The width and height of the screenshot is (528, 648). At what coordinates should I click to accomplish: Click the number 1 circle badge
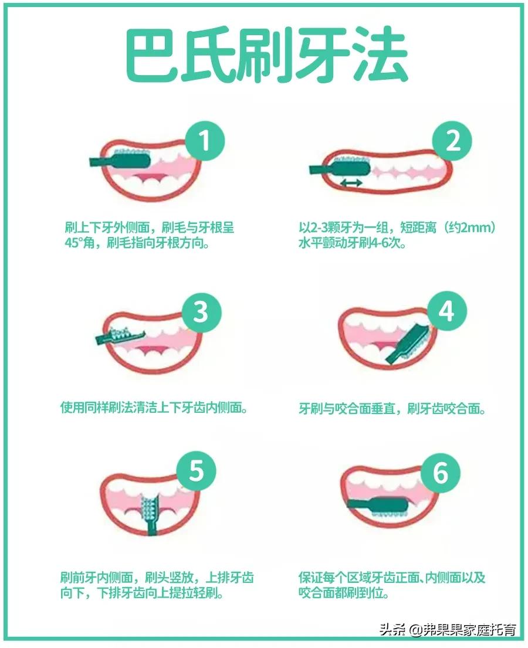(205, 141)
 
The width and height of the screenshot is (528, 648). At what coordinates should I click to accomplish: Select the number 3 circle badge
(201, 312)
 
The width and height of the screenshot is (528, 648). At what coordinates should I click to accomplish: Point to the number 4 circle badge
(447, 311)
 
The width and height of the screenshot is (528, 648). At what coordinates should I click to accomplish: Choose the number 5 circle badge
(196, 471)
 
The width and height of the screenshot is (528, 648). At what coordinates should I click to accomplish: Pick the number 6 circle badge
(441, 473)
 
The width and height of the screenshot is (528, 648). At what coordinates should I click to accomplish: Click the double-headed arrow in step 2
(351, 184)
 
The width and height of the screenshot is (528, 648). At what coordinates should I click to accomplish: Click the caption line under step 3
(154, 408)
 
